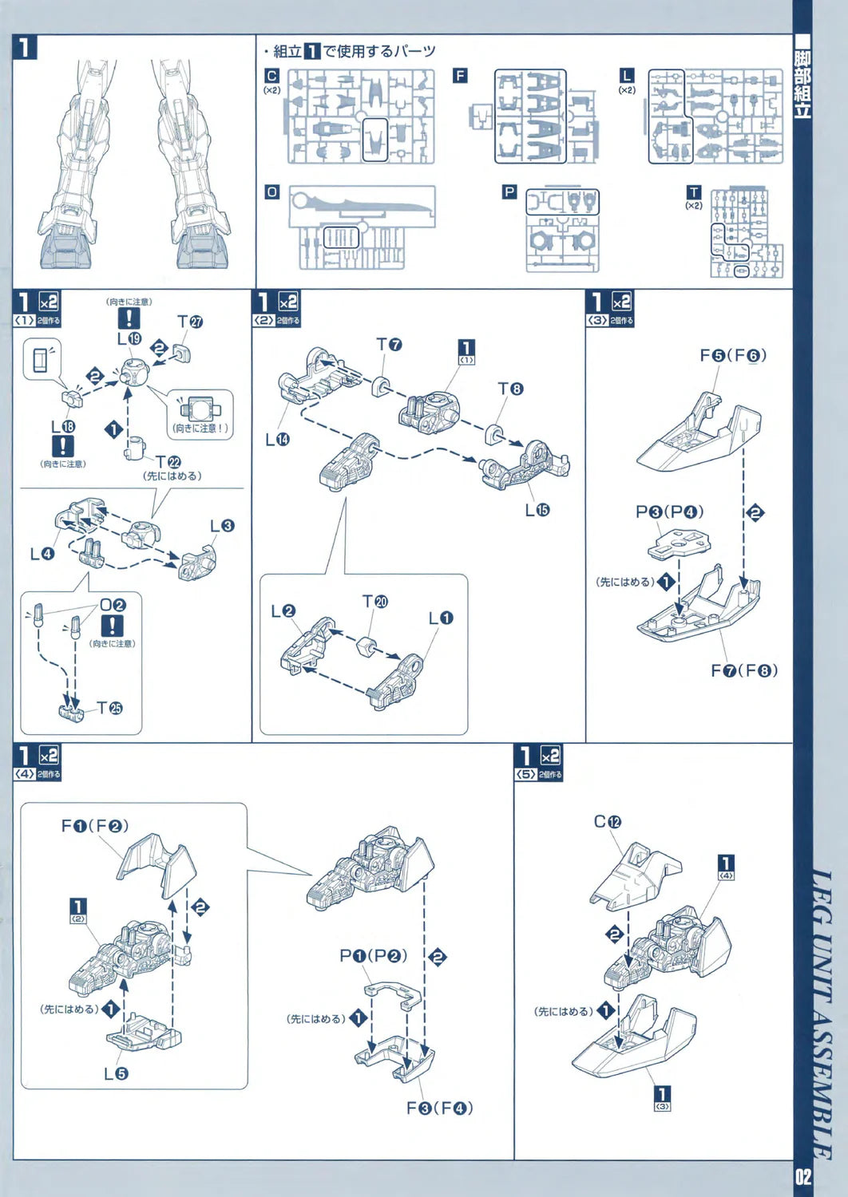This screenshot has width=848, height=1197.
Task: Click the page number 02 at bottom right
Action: pos(802,1175)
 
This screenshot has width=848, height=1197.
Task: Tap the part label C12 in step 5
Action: pos(608,821)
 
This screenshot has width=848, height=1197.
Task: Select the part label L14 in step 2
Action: pos(277,439)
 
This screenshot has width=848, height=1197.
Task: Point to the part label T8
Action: pos(510,389)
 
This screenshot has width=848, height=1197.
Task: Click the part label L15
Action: pos(537,509)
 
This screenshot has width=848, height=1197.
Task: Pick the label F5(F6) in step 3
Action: pos(733,355)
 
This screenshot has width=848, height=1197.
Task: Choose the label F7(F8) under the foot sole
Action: pos(744,670)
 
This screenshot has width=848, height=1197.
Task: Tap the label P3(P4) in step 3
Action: pos(669,512)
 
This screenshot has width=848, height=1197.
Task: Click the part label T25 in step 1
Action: pos(110,708)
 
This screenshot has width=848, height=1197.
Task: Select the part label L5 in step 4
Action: pos(116,1073)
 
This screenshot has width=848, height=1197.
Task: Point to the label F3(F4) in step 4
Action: pos(439,1108)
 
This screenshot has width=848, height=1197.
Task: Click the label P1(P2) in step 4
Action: pos(373,955)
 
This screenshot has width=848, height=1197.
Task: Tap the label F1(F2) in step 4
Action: pos(94,826)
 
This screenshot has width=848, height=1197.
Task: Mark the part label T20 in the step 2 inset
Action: pos(374,601)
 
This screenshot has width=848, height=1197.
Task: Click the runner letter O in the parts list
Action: pos(272,192)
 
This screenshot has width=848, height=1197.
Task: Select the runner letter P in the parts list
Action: pos(509,192)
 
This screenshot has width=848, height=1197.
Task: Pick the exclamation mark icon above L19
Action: pos(129,318)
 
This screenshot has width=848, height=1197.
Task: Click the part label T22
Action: pos(168,462)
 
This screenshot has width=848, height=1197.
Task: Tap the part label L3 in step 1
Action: pos(222,526)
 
